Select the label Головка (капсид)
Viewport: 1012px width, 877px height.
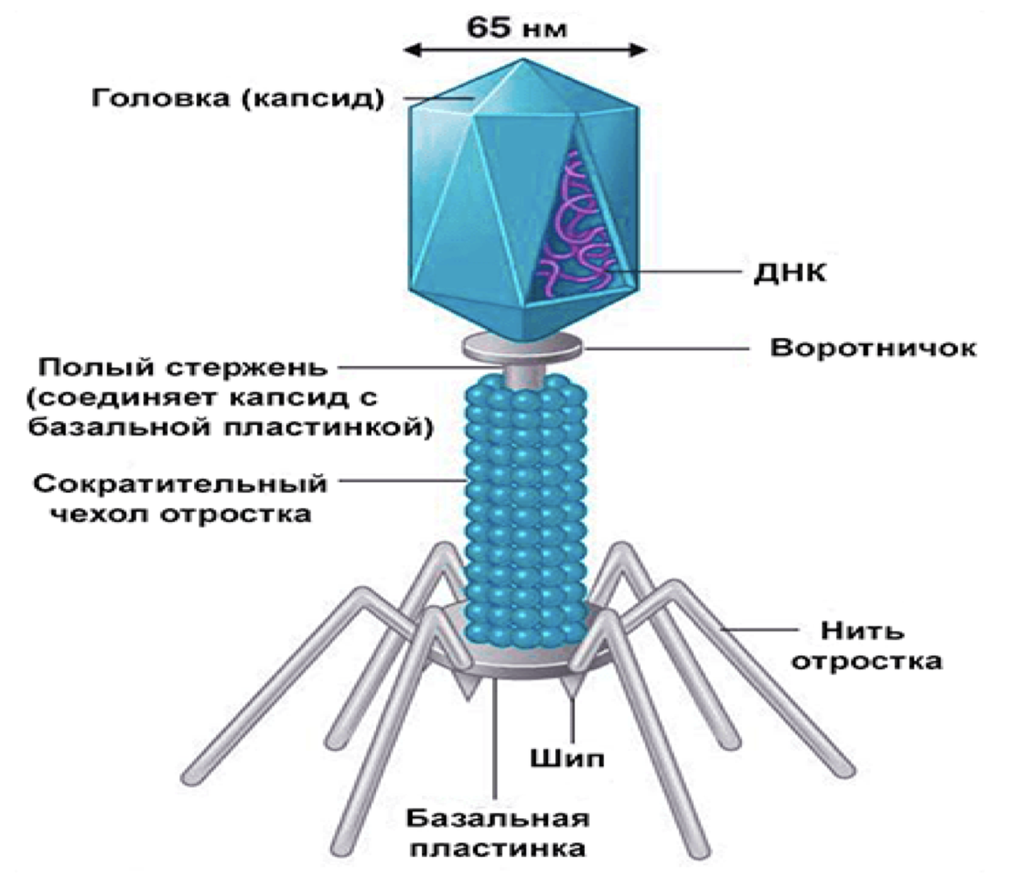click(235, 97)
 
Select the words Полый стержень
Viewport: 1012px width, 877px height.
click(181, 368)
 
